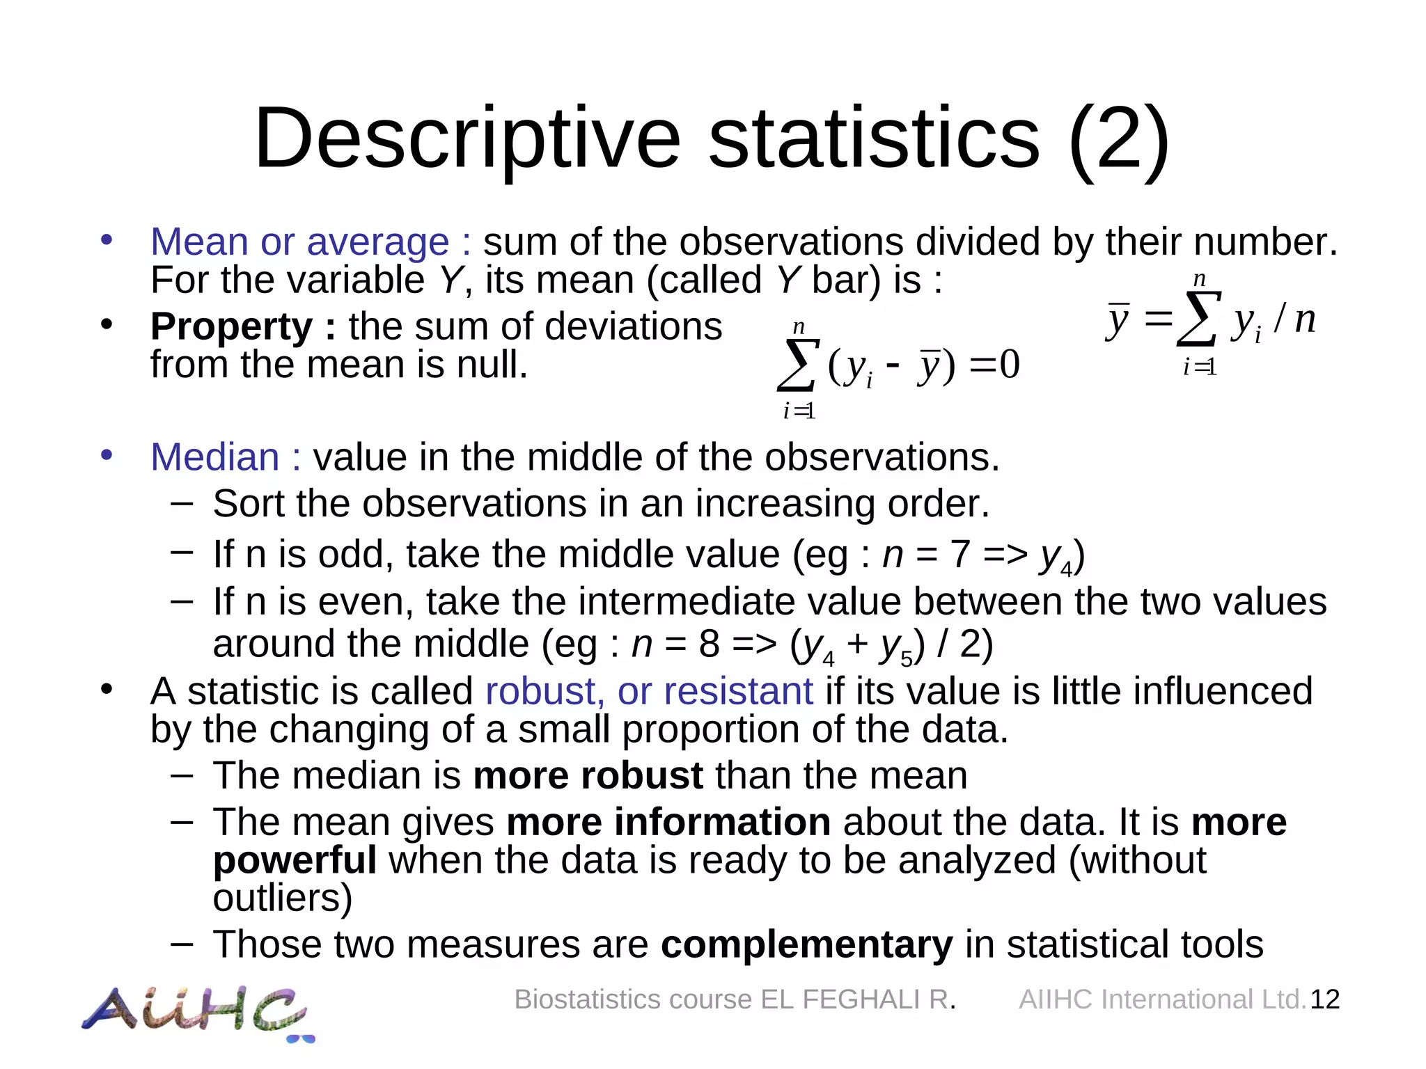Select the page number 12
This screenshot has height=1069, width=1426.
(1324, 999)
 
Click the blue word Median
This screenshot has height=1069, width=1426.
(214, 457)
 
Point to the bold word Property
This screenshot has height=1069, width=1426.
(232, 326)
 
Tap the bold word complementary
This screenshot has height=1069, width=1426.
(806, 944)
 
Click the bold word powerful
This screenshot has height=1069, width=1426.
(295, 860)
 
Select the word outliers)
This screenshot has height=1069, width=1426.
(283, 898)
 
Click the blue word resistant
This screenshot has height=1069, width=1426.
(738, 691)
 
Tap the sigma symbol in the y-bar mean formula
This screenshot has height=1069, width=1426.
(1198, 319)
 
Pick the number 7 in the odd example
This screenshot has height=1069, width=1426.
(960, 555)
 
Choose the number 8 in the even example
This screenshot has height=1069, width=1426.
(709, 644)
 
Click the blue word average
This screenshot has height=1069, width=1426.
(378, 242)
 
